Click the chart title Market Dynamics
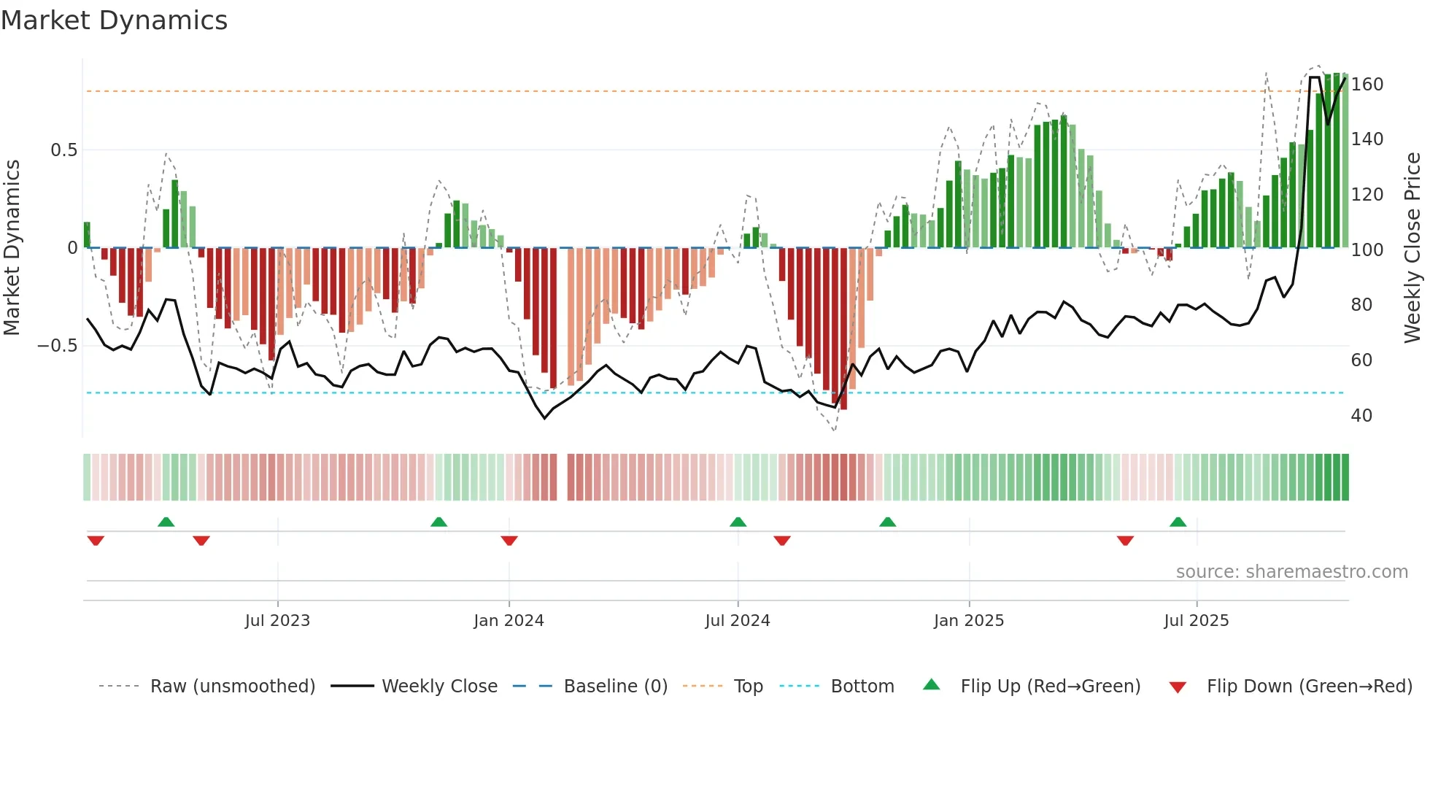click(114, 20)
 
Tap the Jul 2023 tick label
click(277, 621)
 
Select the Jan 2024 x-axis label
click(509, 621)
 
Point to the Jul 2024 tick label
click(738, 621)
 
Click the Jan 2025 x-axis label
click(969, 621)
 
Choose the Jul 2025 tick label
click(1197, 621)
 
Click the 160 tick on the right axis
click(1367, 85)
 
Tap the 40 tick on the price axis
click(1361, 416)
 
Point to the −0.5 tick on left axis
click(58, 346)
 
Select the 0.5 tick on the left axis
click(63, 150)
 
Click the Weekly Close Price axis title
click(1412, 248)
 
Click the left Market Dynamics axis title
click(12, 248)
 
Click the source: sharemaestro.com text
click(1291, 572)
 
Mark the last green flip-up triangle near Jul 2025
click(1178, 522)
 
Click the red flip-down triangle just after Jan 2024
click(509, 541)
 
